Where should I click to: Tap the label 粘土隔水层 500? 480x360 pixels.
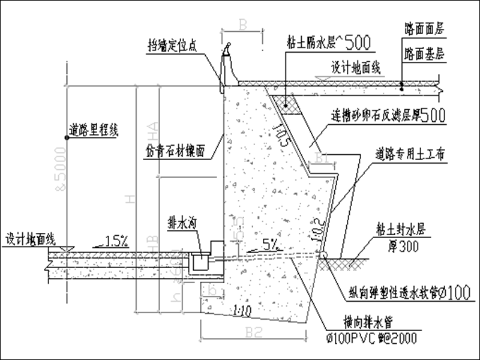coord(328,43)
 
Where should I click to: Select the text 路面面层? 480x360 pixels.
coord(424,28)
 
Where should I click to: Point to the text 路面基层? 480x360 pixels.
coord(424,54)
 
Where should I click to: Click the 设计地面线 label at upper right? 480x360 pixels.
coord(356,68)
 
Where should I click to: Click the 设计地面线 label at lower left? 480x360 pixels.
coord(30,237)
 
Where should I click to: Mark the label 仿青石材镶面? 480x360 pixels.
coord(177,151)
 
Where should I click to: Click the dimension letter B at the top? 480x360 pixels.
coord(243,25)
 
